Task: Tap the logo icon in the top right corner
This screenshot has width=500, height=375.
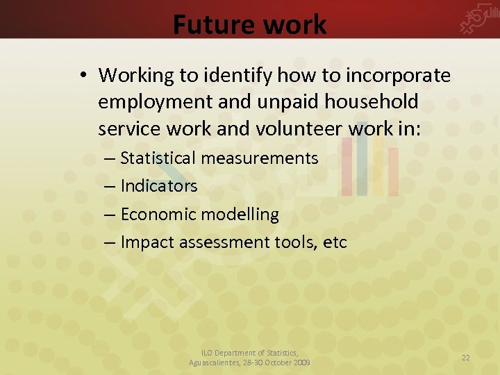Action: pos(479,22)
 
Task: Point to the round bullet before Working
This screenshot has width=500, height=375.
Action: pos(83,75)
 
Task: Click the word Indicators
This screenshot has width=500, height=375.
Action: pos(159,186)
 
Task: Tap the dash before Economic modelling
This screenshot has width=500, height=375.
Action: pos(111,215)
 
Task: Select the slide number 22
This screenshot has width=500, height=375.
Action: pos(466,357)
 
